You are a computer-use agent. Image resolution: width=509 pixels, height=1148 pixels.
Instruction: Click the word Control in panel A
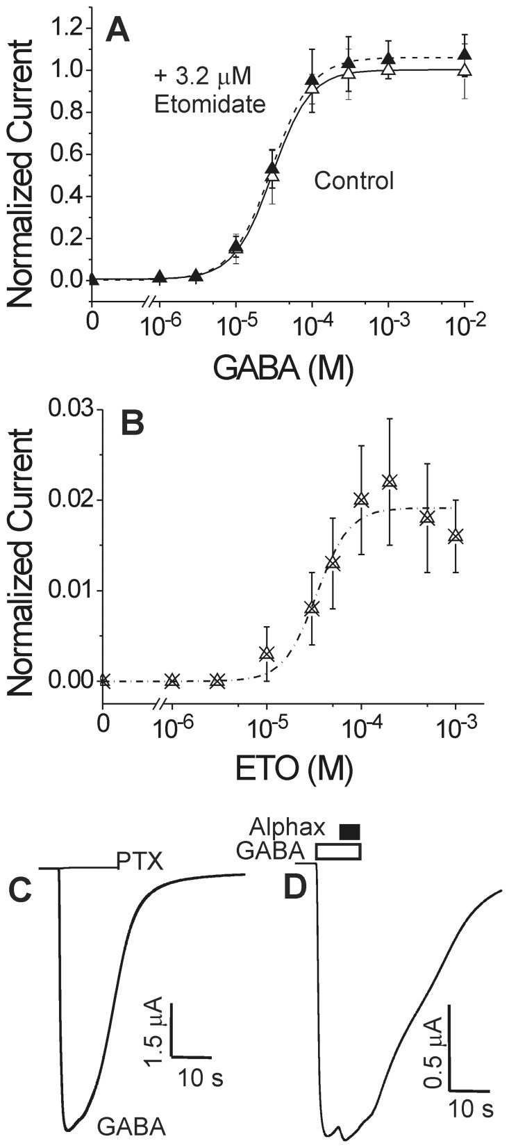pos(353,181)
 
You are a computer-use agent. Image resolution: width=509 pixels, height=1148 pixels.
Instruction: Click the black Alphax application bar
pos(349,830)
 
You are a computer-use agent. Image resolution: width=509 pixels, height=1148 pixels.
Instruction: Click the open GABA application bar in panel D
pos(339,851)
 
